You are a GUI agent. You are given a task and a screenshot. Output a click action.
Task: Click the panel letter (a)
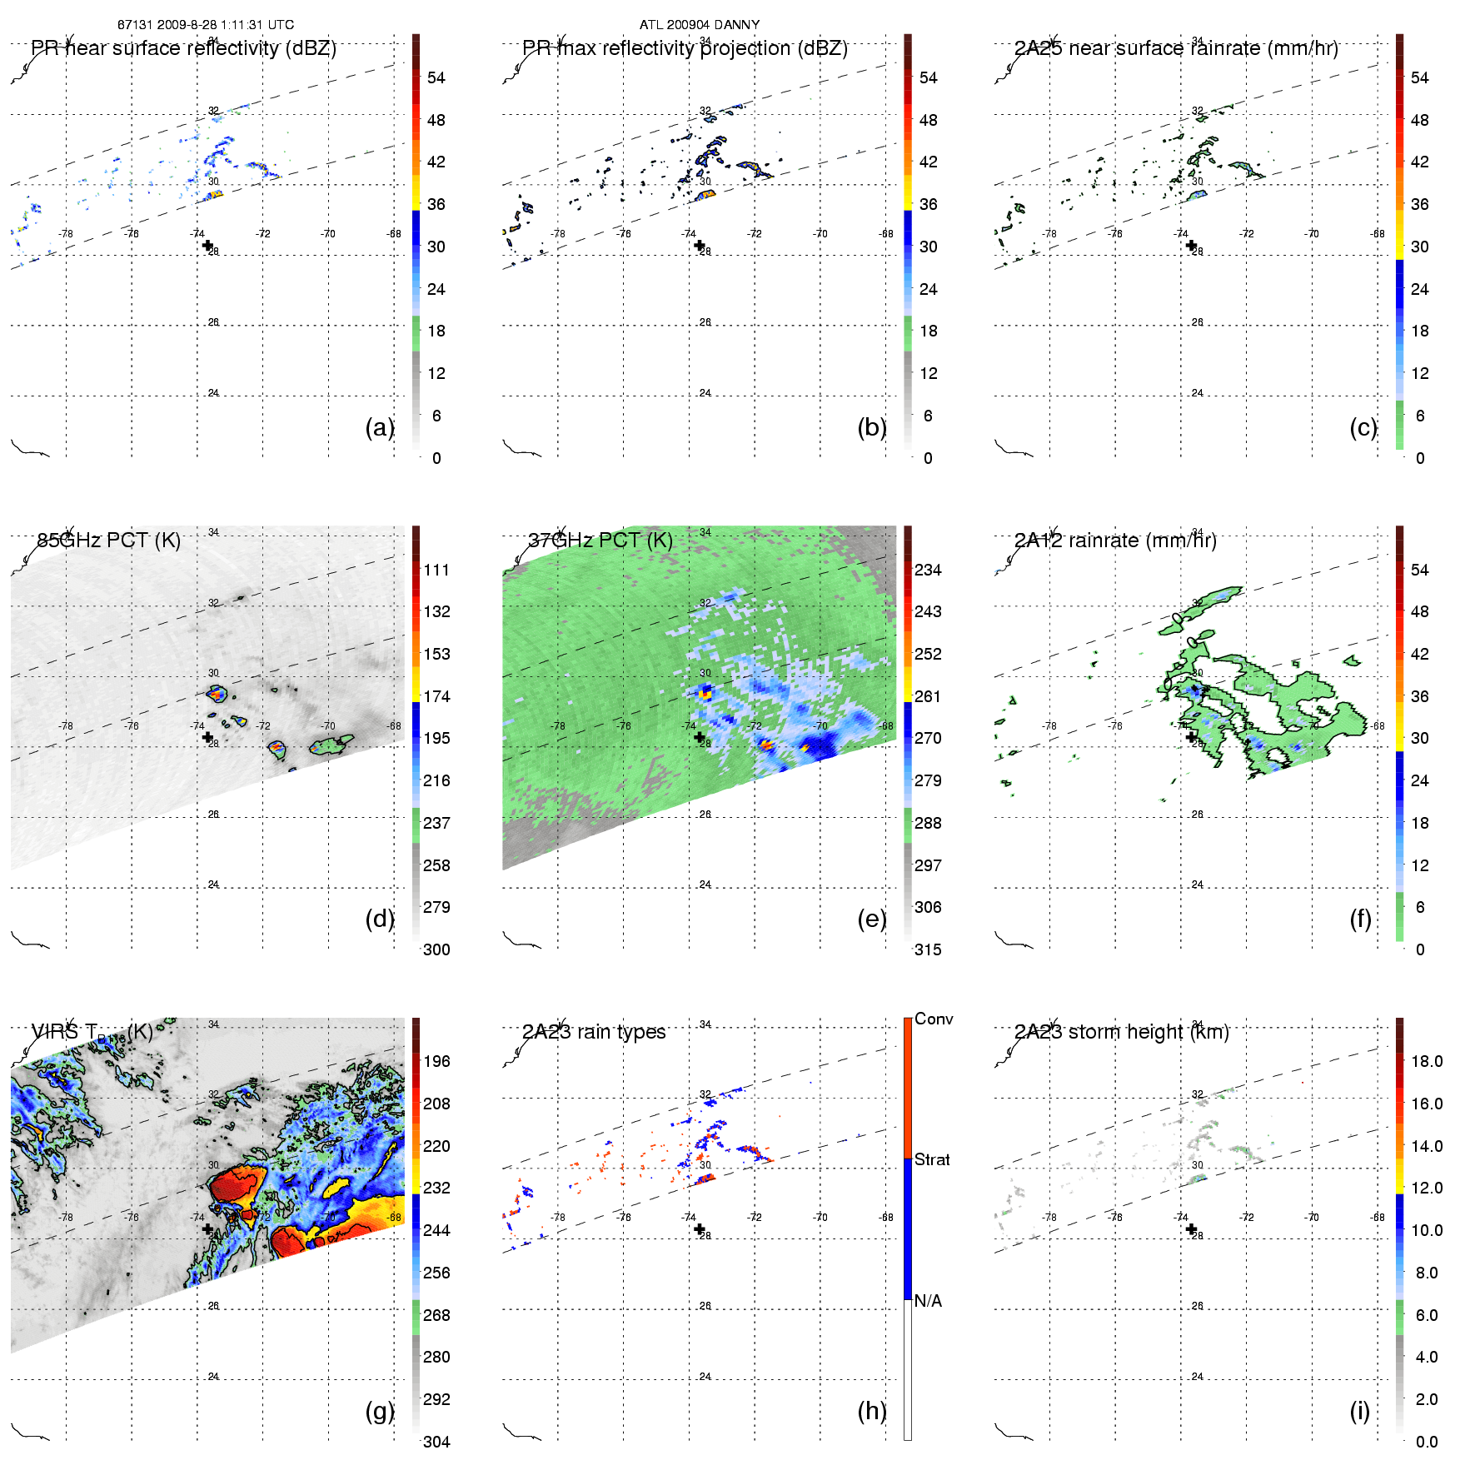[379, 427]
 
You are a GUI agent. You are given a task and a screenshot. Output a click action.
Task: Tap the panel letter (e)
[871, 919]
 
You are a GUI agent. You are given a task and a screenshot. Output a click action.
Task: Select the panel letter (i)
[1359, 1411]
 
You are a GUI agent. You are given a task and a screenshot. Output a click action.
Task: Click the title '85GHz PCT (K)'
[108, 541]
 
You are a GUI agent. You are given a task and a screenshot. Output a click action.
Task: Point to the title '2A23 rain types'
[594, 1032]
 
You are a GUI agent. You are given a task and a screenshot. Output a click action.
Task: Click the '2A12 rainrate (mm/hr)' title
[1115, 541]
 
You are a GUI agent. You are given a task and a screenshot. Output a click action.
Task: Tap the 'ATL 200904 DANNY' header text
[700, 25]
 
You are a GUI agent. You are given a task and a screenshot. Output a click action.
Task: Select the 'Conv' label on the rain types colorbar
[934, 1019]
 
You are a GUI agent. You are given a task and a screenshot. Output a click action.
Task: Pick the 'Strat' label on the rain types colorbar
[932, 1159]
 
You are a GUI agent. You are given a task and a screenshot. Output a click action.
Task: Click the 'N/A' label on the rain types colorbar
[928, 1301]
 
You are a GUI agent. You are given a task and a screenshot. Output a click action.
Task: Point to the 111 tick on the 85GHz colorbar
[436, 570]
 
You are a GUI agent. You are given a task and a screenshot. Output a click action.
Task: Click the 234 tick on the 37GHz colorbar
[928, 570]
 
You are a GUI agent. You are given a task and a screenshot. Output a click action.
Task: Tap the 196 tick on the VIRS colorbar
[436, 1061]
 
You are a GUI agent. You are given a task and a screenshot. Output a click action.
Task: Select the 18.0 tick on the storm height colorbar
[1427, 1061]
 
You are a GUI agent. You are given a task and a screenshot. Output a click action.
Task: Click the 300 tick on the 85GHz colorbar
[436, 949]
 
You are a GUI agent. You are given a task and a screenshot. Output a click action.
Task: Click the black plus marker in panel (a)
[207, 245]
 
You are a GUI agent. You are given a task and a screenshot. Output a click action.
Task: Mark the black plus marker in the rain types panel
[700, 1228]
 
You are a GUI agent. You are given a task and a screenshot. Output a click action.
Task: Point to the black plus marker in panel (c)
[1191, 245]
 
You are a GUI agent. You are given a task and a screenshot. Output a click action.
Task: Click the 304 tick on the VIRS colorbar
[436, 1442]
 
